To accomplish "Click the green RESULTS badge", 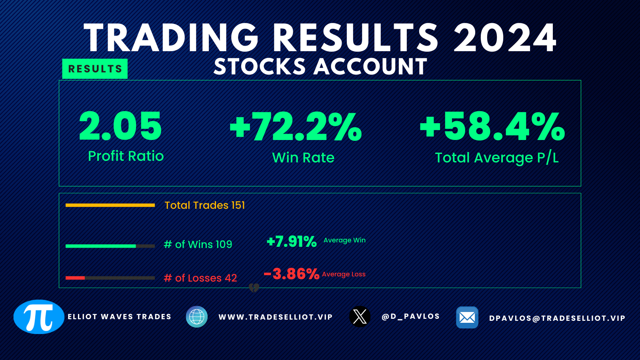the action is (95, 68).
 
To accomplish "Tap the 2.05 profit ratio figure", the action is (120, 126).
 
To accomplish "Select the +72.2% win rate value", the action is (296, 126).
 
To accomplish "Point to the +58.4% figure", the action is (492, 126).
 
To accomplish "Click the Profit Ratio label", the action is (126, 156).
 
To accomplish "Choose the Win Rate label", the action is (303, 158).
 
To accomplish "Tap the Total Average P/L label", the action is (496, 158).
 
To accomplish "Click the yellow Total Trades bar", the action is (110, 205).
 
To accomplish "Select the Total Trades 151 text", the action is (204, 205).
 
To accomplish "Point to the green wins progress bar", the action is (100, 246).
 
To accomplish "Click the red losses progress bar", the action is (75, 278).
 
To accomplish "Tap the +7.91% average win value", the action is (292, 242).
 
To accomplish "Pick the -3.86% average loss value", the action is (292, 274).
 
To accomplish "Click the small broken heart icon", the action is (254, 288).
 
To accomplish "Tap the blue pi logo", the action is (39, 316).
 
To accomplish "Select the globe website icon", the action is (196, 316).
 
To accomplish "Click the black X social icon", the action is (360, 316).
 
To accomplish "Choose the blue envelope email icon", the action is (467, 318).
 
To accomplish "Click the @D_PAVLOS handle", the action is (410, 316).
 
